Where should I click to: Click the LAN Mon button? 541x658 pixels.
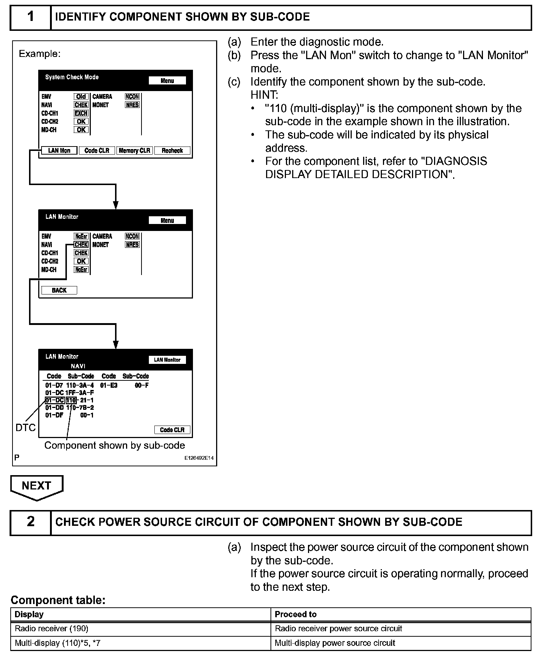point(59,151)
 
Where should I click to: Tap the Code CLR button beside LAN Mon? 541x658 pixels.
point(97,151)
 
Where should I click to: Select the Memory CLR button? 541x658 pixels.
point(135,151)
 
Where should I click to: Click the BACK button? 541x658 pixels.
point(59,290)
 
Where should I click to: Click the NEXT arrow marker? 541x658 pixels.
point(37,487)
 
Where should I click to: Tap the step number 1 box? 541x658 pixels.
point(31,17)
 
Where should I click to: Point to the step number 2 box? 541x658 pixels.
point(31,522)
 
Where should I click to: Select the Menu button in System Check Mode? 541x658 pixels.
point(167,81)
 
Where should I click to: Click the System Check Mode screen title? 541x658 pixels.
point(72,77)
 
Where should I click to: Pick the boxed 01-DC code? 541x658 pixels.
point(54,400)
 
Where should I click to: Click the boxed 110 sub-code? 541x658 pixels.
point(71,400)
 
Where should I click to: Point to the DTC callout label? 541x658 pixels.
point(25,427)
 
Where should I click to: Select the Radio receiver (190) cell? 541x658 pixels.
point(51,629)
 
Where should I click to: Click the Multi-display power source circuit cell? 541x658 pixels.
point(335,643)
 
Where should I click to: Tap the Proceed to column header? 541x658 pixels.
point(295,614)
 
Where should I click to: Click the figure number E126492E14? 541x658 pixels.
point(199,458)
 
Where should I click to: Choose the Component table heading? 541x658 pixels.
point(58,600)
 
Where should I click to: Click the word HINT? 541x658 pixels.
point(264,95)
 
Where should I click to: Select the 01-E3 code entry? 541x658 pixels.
point(109,386)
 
